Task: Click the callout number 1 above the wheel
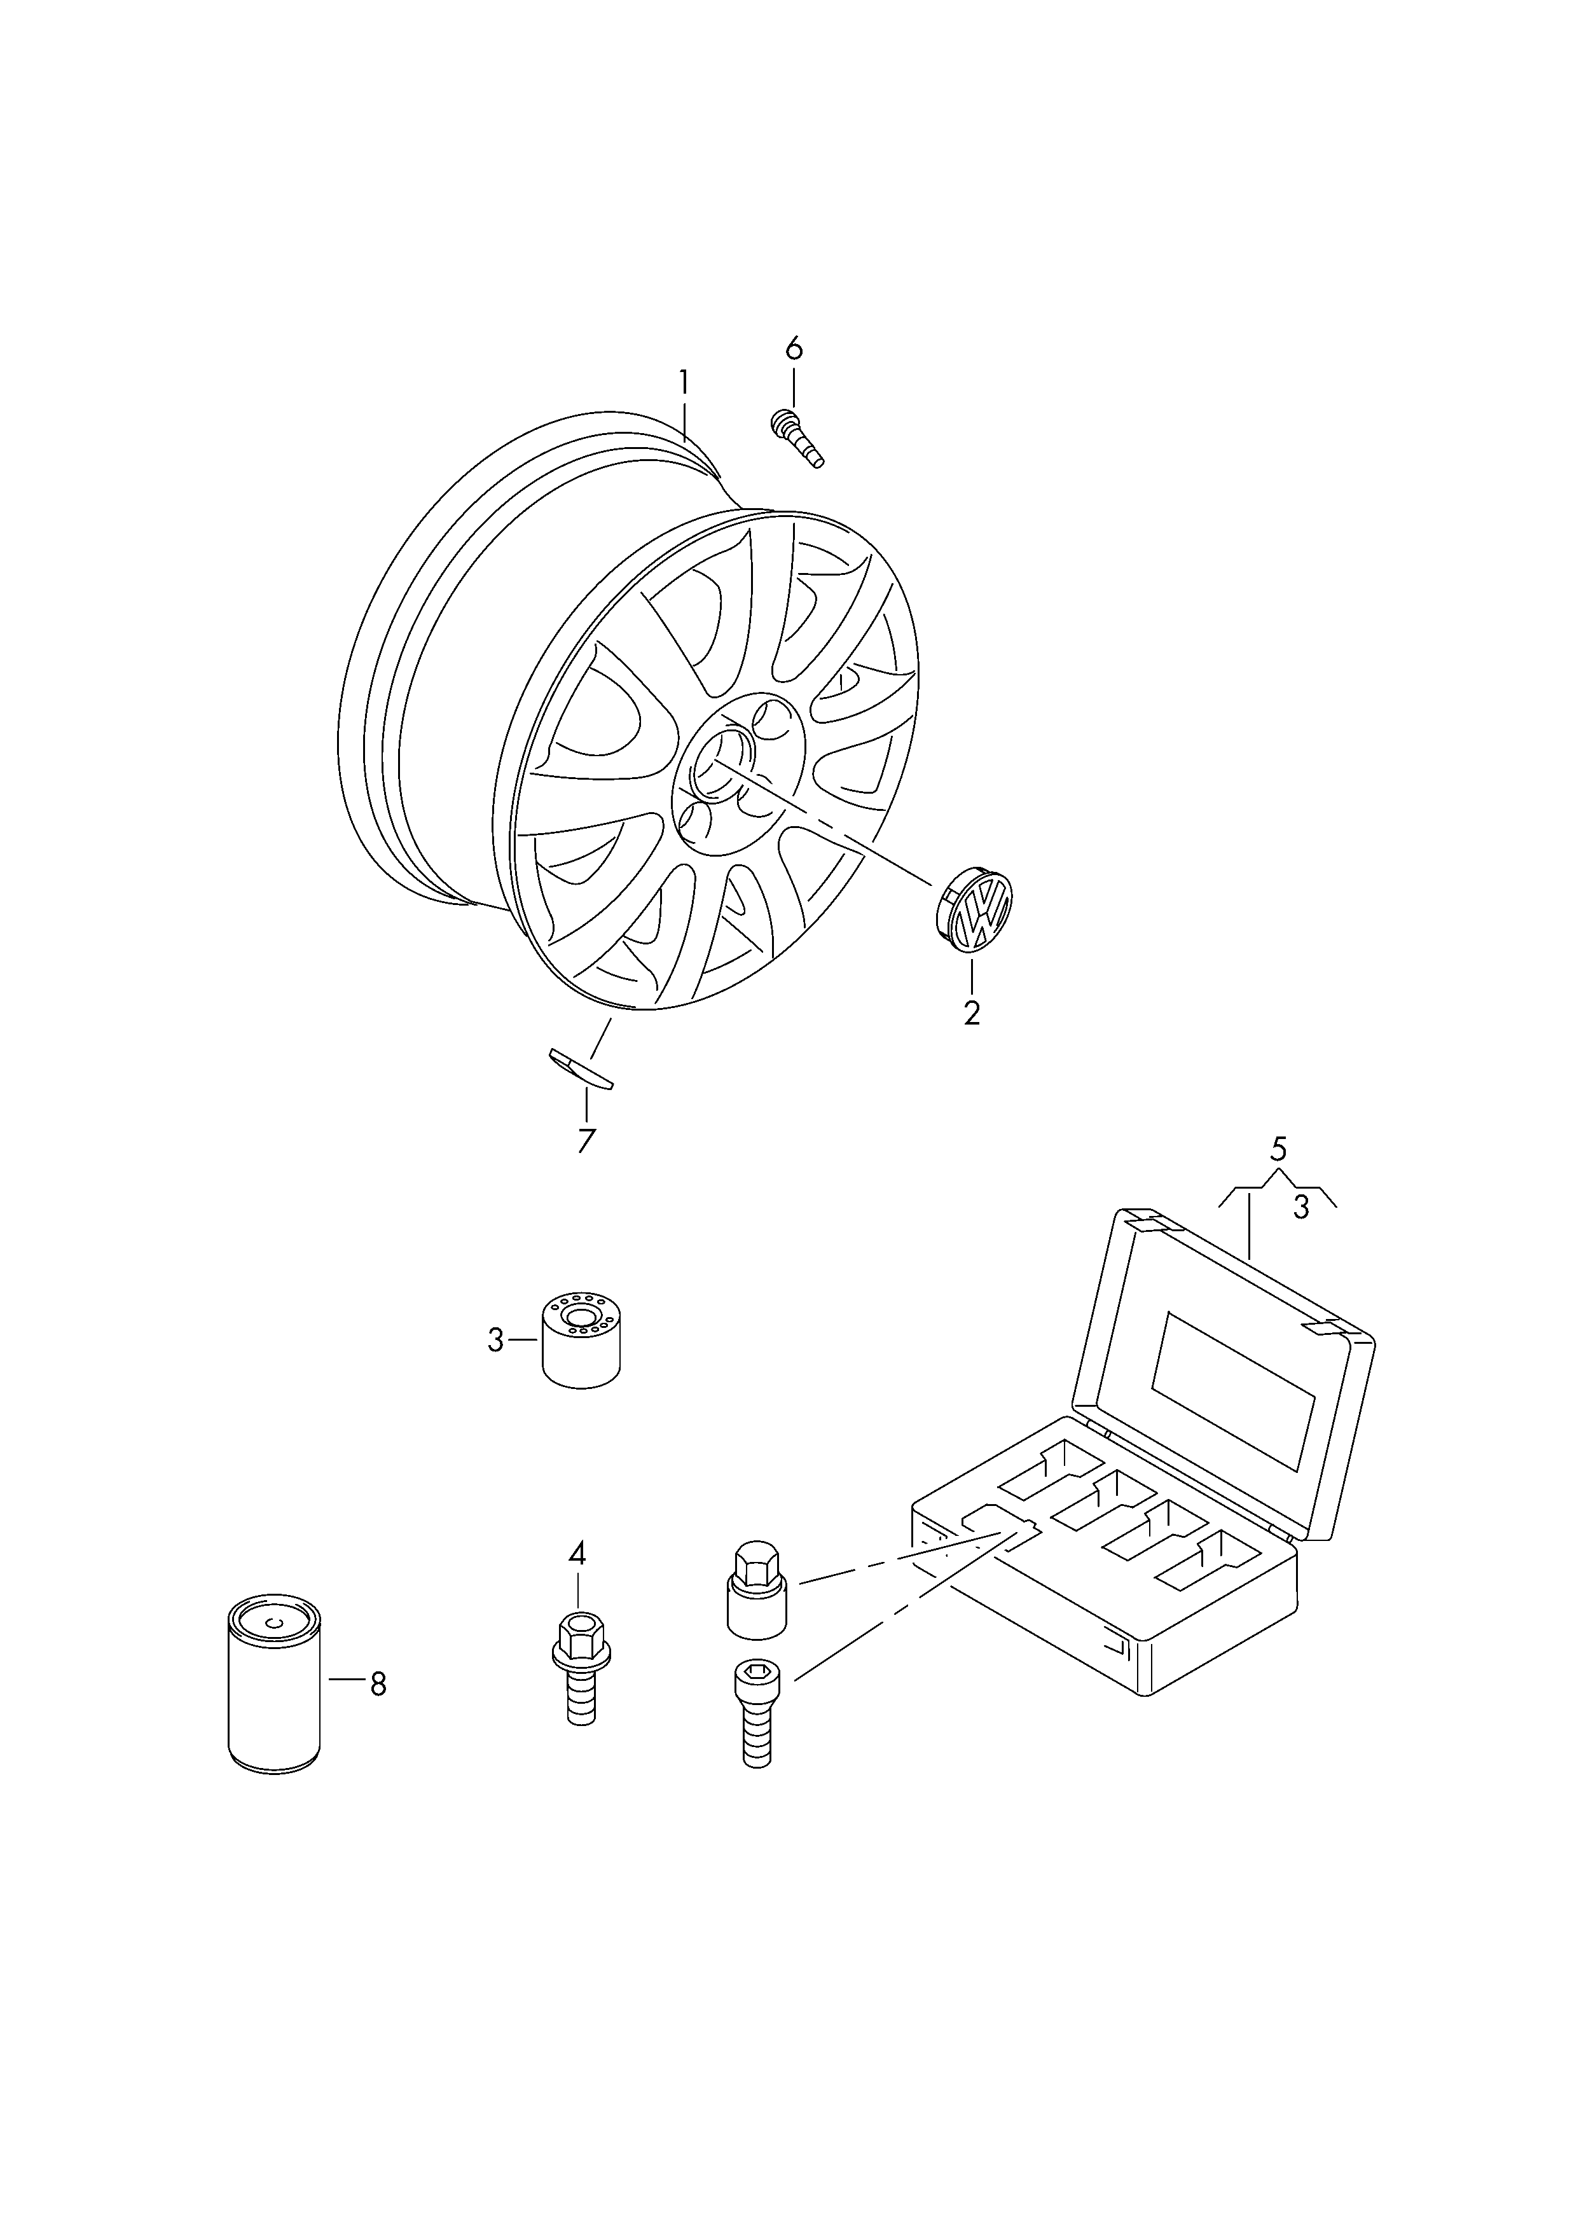tap(684, 382)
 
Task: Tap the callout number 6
tap(794, 347)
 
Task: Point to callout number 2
tap(971, 1013)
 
